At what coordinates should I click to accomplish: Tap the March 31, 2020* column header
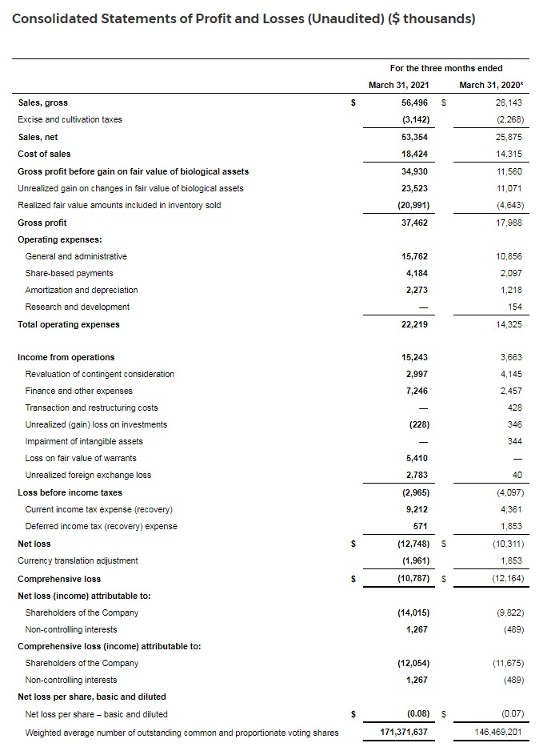click(492, 85)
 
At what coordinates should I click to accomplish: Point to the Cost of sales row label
click(44, 154)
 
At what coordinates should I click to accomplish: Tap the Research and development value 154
click(517, 307)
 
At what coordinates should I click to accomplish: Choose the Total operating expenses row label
click(69, 324)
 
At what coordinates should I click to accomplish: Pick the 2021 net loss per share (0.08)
click(413, 713)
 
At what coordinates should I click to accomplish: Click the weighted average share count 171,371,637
click(403, 733)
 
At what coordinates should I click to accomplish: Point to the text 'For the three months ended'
click(446, 68)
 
